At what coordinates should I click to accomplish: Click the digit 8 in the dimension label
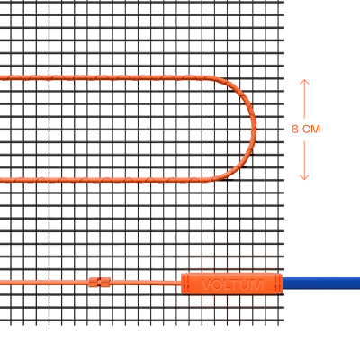tap(295, 130)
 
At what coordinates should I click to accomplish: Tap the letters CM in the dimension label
tap(311, 130)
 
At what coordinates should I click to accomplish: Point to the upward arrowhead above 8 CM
tap(304, 82)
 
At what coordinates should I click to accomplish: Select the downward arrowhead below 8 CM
tap(304, 177)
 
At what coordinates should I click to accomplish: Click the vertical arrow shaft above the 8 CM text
tap(304, 99)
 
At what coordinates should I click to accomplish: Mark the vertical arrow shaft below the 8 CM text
tap(304, 160)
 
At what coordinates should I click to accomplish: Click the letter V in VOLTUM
tap(206, 284)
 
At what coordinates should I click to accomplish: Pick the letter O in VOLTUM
tap(217, 284)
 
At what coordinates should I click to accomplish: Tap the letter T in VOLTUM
tap(235, 284)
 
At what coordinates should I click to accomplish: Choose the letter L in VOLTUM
tap(227, 284)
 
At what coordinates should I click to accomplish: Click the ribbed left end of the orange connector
tap(184, 283)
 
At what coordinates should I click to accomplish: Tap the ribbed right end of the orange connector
tap(279, 283)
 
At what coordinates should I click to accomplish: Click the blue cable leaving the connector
tap(321, 283)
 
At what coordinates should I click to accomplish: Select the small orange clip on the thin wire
tap(100, 282)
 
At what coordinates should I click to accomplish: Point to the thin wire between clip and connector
tap(146, 283)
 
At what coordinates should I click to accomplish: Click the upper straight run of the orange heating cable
tap(105, 78)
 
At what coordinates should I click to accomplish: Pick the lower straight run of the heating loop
tap(105, 180)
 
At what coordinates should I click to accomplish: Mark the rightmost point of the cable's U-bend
tap(254, 129)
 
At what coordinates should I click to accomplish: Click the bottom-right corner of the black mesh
tap(283, 325)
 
